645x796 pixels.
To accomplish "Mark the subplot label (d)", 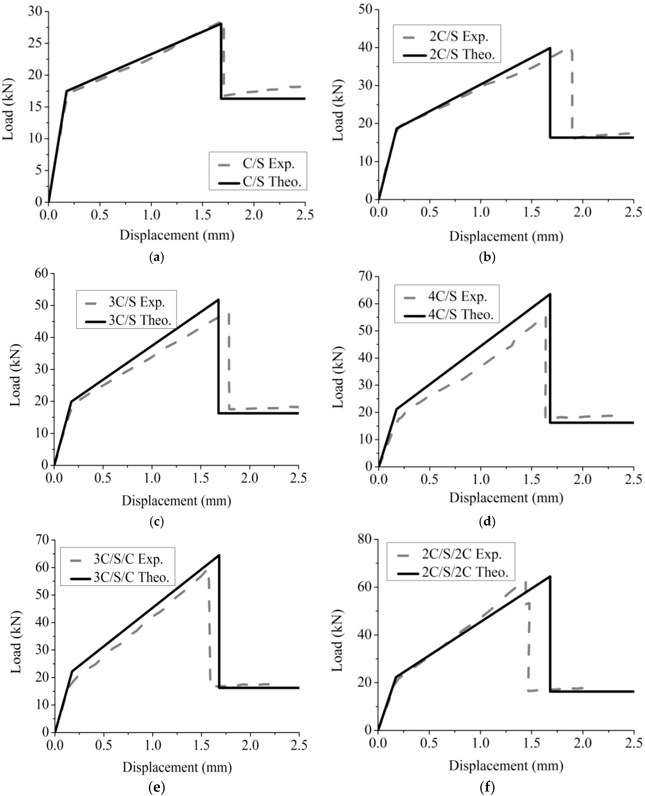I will click(x=487, y=522).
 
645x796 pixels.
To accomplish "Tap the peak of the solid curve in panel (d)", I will click(x=550, y=294).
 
